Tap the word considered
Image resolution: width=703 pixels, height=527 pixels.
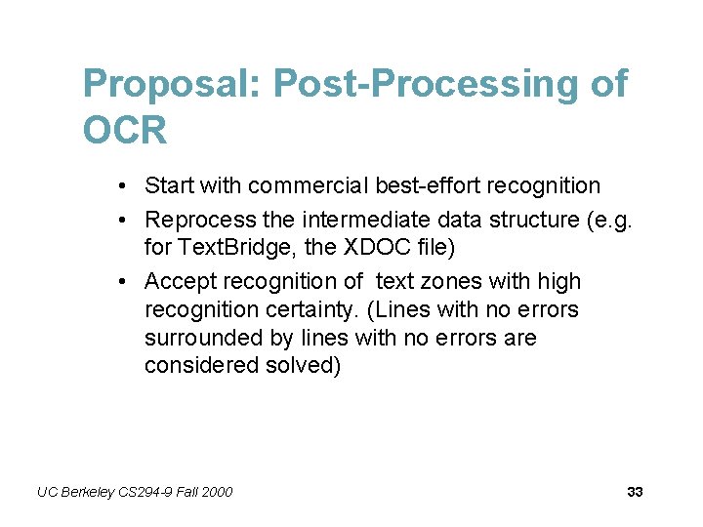(201, 367)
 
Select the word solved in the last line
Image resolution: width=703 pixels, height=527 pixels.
(303, 367)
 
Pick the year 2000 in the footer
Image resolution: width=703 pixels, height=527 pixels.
(216, 492)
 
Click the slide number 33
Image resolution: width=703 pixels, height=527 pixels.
(635, 492)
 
